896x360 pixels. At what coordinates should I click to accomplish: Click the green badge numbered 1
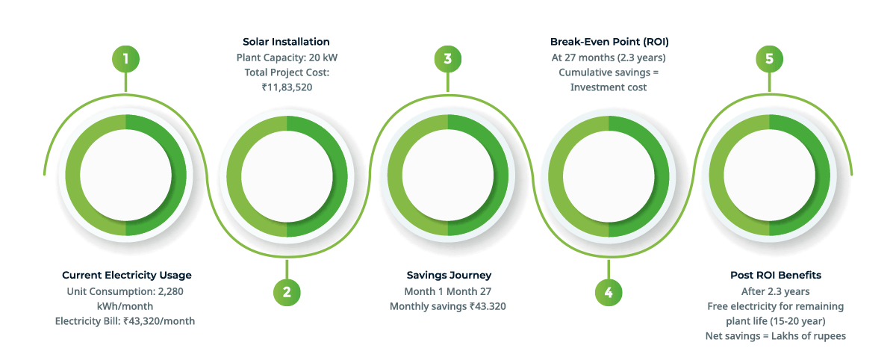tap(125, 59)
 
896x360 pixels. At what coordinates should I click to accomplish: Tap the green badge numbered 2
tap(287, 292)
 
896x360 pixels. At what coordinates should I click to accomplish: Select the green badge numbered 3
tap(448, 59)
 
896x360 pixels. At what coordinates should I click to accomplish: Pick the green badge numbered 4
tap(609, 292)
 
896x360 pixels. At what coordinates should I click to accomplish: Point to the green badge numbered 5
tap(769, 59)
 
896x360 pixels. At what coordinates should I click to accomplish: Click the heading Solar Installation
tap(287, 42)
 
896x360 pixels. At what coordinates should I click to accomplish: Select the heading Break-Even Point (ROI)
tap(609, 42)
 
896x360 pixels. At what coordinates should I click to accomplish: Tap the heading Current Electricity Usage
tap(127, 275)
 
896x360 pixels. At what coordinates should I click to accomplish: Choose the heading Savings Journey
tap(449, 275)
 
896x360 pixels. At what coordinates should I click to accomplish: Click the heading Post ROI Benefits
tap(776, 275)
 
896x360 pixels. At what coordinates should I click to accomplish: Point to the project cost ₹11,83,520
tap(287, 87)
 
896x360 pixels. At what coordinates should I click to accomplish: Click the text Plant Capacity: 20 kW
tap(287, 58)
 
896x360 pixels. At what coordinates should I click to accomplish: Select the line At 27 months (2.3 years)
tap(609, 58)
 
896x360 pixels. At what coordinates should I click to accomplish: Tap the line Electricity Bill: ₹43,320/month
tap(125, 321)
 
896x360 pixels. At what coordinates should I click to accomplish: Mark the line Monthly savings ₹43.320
tap(447, 306)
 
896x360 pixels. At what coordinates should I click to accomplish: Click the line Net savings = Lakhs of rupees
tap(776, 336)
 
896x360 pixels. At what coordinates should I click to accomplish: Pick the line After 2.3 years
tap(775, 291)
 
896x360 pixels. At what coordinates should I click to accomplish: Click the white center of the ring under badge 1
tap(125, 176)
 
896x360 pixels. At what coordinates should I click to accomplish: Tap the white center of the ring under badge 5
tap(769, 176)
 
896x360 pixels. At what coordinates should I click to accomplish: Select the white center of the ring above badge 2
tap(287, 176)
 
